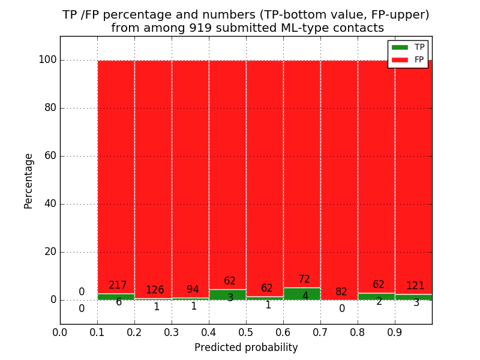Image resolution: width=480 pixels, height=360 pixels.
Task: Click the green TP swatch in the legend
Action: click(400, 47)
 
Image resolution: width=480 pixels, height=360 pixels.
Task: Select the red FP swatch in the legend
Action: click(400, 59)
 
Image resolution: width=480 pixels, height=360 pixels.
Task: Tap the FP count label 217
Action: click(118, 286)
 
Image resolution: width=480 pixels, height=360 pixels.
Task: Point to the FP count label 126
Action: click(155, 290)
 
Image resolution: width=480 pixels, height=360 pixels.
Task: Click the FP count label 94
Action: click(193, 290)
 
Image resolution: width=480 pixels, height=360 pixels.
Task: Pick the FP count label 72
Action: click(304, 280)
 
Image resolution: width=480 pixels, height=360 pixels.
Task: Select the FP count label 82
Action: click(341, 292)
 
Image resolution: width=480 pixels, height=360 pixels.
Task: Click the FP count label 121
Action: click(415, 286)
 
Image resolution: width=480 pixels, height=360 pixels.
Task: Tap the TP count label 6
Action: click(119, 302)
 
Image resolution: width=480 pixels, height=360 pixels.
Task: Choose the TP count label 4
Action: click(305, 296)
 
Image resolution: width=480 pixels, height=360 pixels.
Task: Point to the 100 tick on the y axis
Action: click(47, 60)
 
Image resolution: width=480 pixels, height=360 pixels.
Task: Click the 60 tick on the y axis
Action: click(50, 156)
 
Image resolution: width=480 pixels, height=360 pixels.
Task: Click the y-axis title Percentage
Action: click(29, 181)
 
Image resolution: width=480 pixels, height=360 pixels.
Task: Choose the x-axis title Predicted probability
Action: click(246, 347)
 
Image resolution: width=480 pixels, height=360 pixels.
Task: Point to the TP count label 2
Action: click(379, 301)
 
